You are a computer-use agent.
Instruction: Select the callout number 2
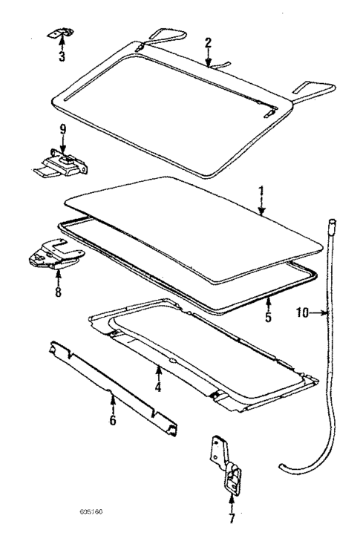tap(209, 42)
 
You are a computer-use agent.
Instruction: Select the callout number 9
tap(63, 129)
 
